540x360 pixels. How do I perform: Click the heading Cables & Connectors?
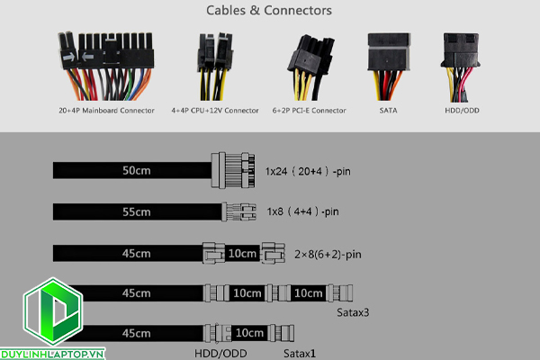269,12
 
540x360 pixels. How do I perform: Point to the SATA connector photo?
388,63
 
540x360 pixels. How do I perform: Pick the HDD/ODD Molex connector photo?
463,63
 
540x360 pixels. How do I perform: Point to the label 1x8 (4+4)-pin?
302,212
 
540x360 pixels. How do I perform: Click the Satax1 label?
300,353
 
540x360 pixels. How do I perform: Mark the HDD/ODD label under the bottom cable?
220,353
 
